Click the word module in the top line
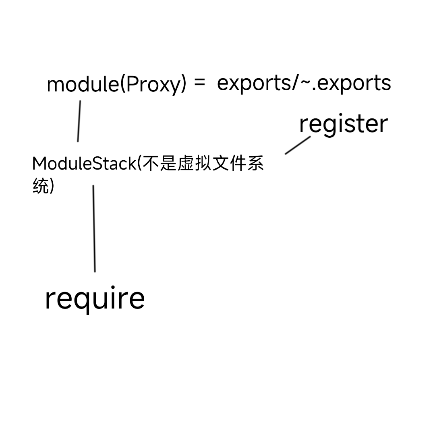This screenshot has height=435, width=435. click(x=83, y=85)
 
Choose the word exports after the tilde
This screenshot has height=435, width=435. click(x=354, y=83)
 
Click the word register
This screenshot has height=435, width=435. click(x=343, y=124)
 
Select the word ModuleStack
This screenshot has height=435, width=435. click(x=84, y=164)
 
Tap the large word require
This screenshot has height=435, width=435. click(x=95, y=298)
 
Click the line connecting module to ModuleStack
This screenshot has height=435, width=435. click(x=79, y=121)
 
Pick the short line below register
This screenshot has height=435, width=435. click(x=298, y=145)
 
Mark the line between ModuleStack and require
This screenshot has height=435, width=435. click(x=94, y=228)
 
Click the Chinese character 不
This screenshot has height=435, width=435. click(x=150, y=164)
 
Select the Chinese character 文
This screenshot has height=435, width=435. click(x=220, y=164)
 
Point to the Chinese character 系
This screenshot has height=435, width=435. click(x=255, y=164)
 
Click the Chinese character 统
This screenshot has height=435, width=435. click(x=40, y=186)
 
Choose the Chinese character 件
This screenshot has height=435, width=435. click(x=237, y=164)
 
